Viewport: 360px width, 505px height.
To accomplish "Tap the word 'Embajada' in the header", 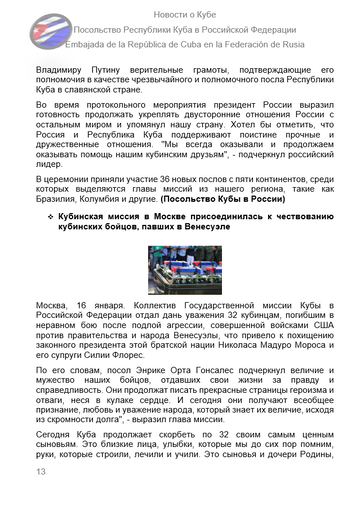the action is click(93, 45).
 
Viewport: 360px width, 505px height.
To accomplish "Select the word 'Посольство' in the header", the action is click(106, 28).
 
